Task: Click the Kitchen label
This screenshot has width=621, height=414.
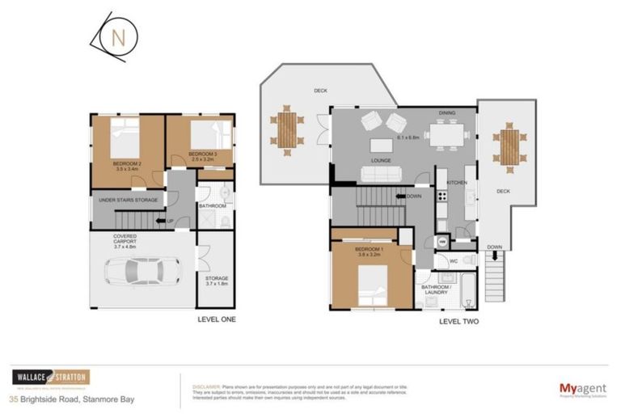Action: (457, 184)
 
